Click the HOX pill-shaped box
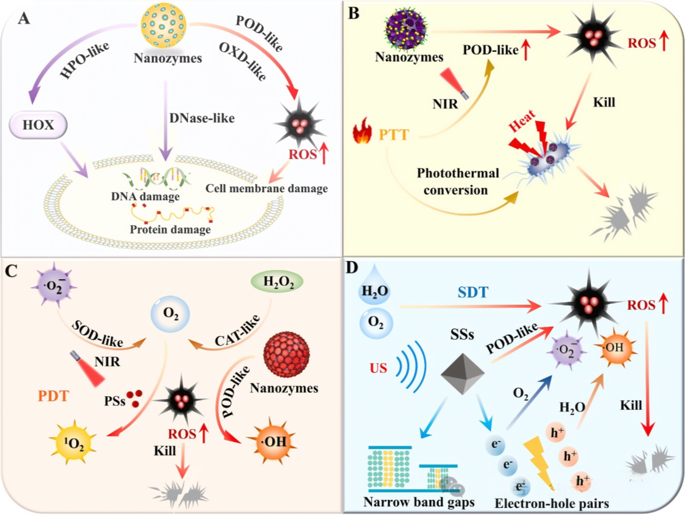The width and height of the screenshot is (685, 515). click(38, 125)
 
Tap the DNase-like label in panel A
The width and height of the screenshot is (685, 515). click(202, 118)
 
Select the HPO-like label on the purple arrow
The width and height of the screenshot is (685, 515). click(84, 60)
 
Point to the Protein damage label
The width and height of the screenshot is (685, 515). click(170, 230)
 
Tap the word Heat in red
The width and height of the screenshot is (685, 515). click(522, 121)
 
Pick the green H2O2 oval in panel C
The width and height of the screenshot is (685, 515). click(277, 281)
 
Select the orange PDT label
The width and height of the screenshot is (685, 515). click(53, 396)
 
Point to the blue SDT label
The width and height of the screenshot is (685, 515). click(473, 292)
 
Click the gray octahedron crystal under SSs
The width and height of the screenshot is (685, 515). click(462, 373)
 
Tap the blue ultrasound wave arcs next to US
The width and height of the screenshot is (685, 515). click(411, 366)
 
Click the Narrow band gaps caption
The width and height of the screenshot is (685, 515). click(419, 502)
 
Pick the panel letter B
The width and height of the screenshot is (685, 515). click(354, 14)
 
